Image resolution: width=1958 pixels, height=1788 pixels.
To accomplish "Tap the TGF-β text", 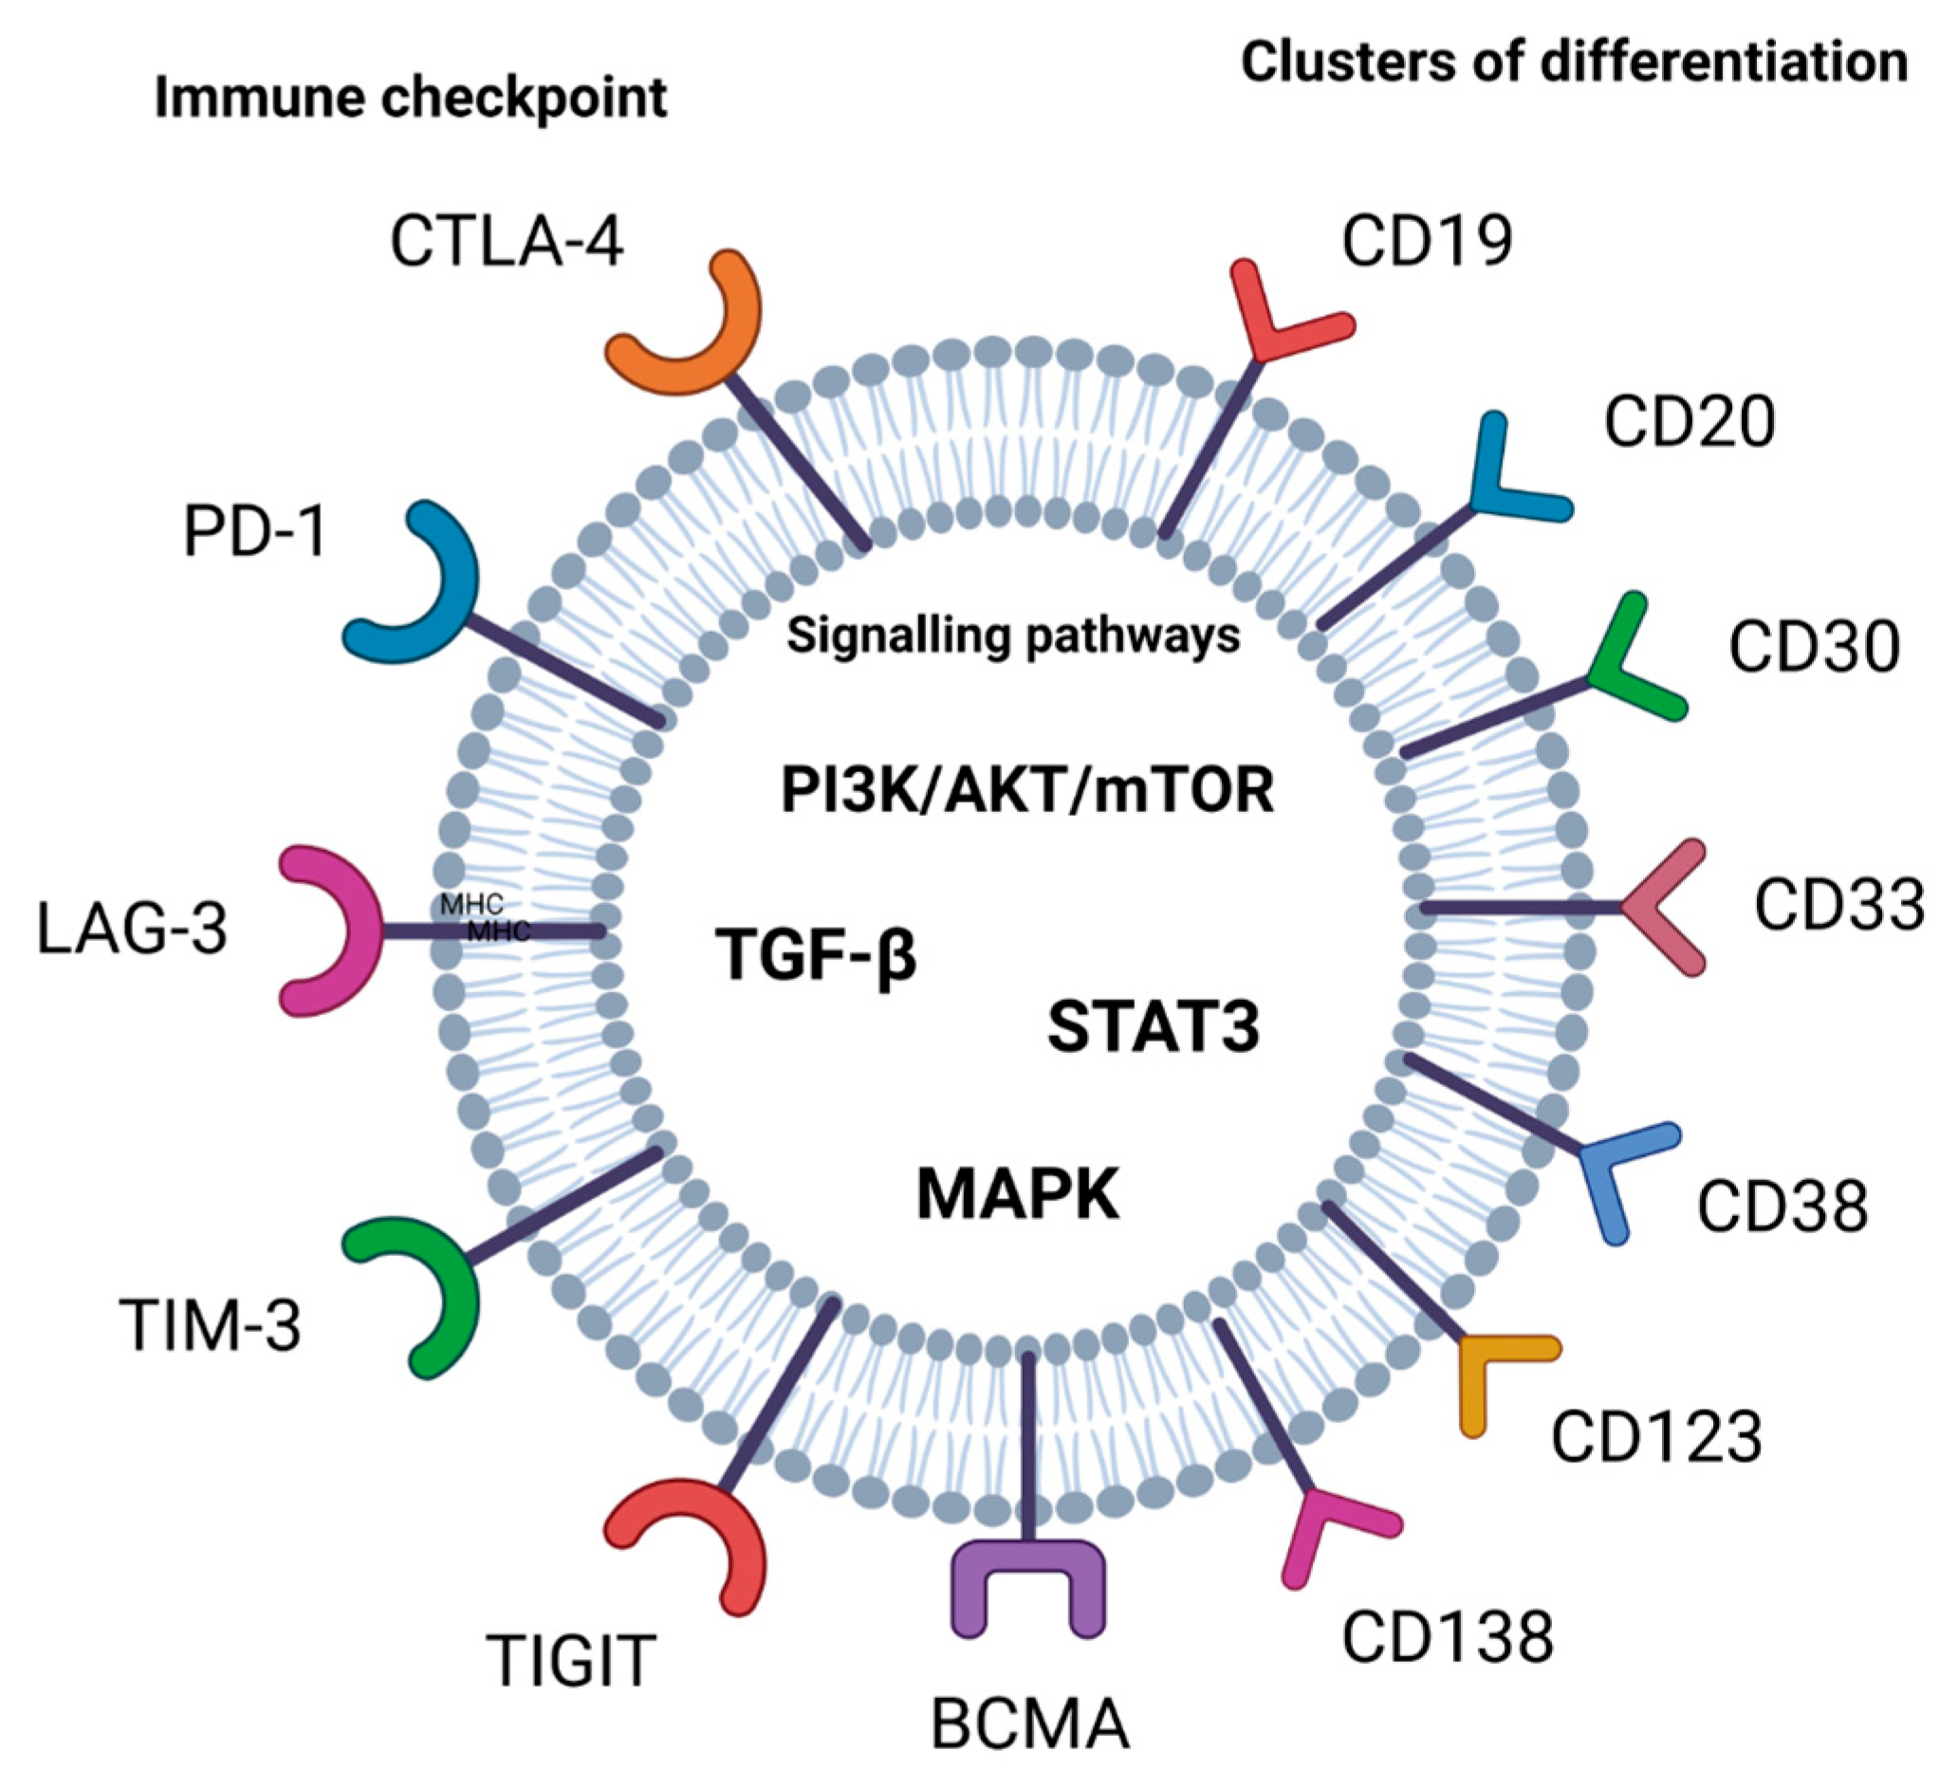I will pos(816,954).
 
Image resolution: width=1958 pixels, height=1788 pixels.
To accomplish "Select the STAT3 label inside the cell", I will pos(1153,1027).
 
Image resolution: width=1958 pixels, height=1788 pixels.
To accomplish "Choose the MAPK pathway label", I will pos(1018,1194).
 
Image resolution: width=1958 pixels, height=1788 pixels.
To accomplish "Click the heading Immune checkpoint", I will pos(411,99).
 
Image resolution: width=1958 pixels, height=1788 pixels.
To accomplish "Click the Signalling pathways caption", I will pos(1013,636).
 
